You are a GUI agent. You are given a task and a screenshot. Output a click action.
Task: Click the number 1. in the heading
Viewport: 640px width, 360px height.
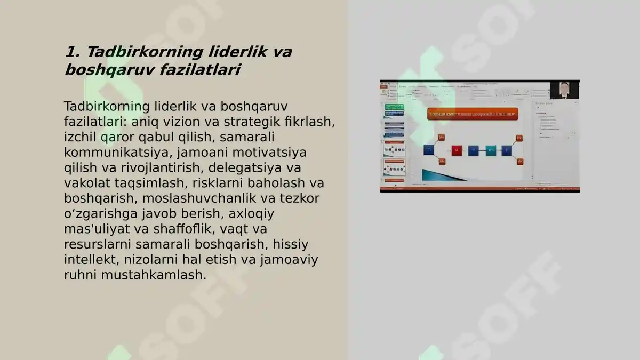[72, 52]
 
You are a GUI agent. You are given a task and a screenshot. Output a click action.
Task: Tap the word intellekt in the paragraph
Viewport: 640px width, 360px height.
[90, 260]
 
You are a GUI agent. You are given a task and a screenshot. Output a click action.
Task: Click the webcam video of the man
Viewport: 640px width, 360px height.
[564, 90]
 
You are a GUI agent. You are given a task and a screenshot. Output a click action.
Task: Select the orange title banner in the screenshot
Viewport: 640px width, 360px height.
[472, 114]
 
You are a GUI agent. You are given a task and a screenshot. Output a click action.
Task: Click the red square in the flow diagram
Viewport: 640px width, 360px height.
[457, 150]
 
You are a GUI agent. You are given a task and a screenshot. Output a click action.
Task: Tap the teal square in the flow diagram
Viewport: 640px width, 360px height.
[491, 150]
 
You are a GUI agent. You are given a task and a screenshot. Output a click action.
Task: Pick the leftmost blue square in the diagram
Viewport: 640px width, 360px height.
[429, 150]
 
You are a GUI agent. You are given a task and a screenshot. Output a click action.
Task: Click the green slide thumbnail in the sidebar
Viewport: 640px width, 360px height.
[394, 107]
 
